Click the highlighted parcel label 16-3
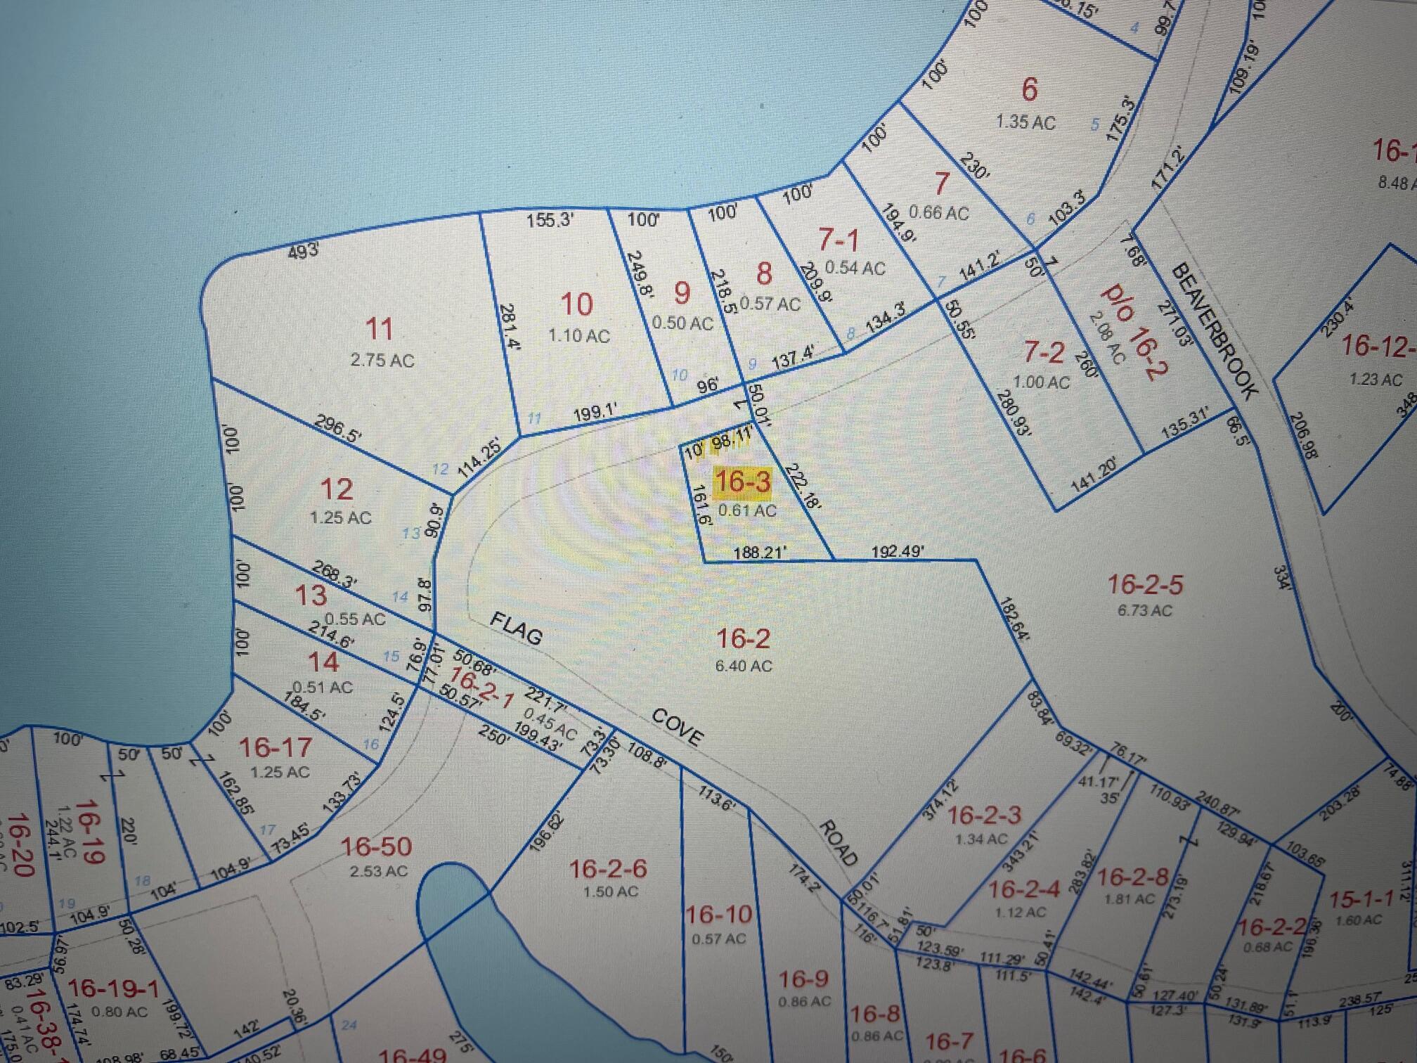click(742, 482)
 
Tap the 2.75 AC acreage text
click(382, 361)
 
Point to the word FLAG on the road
click(517, 628)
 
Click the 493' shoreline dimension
click(304, 250)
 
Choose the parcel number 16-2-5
click(1145, 584)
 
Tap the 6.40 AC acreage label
click(743, 665)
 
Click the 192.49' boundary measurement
click(898, 552)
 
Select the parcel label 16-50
click(376, 847)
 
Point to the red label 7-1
click(839, 241)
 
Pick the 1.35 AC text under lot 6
click(1025, 122)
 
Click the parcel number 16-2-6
click(608, 870)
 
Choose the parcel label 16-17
click(275, 748)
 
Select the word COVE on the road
click(677, 726)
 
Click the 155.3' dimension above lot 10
click(550, 221)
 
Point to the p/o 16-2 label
click(1134, 330)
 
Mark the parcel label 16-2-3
click(984, 816)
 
